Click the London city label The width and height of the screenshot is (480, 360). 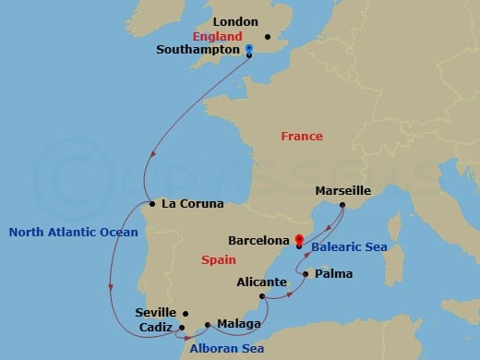[234, 21]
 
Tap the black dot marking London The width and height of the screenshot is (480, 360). [268, 37]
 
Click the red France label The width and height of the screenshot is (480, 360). [302, 137]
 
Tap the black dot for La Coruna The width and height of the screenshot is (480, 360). [150, 204]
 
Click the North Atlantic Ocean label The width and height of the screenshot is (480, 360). [73, 233]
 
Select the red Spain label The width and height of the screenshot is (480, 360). [218, 260]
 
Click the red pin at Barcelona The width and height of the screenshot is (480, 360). [299, 242]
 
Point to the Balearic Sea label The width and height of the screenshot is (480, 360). [348, 247]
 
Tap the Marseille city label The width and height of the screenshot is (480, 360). [342, 190]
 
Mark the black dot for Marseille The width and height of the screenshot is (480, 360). [342, 205]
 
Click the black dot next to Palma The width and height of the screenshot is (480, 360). [305, 273]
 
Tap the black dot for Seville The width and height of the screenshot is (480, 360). [186, 314]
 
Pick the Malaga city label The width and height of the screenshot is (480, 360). [236, 325]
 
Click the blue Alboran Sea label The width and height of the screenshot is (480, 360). [226, 348]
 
